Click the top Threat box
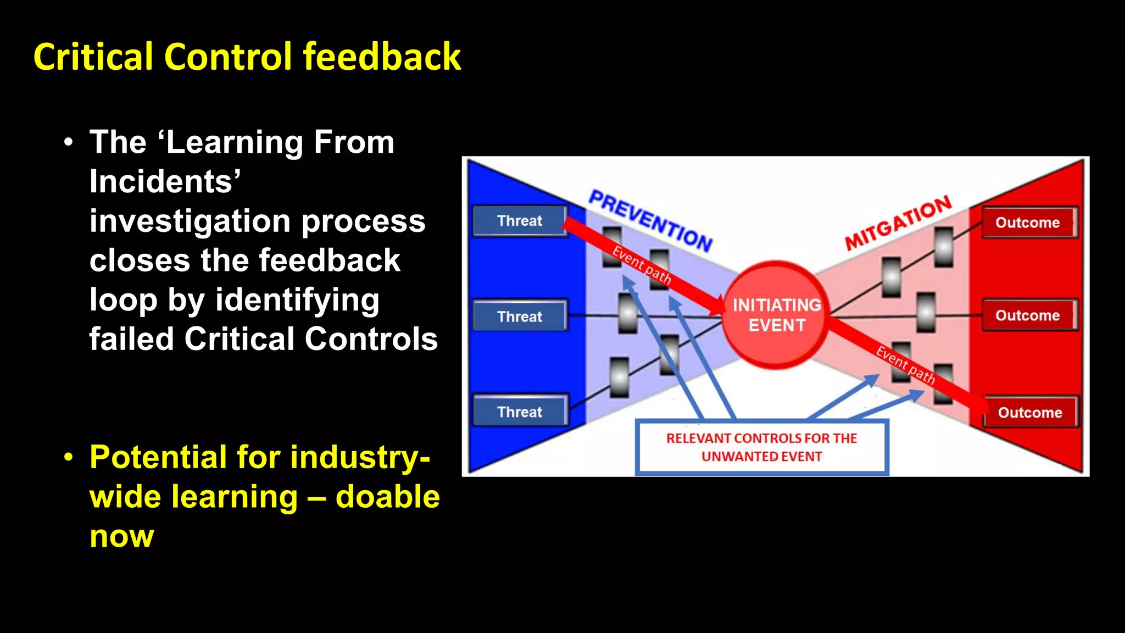(520, 221)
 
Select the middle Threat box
(520, 316)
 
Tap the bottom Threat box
(520, 412)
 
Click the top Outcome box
(1028, 223)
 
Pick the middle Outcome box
(1028, 315)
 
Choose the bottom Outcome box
(1030, 413)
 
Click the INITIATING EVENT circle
(776, 315)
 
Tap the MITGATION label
(898, 223)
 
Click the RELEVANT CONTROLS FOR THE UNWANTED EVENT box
(761, 447)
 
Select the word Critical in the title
(93, 57)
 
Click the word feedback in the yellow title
(382, 57)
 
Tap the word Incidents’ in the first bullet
(165, 181)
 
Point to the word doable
(387, 497)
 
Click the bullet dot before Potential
(68, 457)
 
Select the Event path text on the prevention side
(642, 265)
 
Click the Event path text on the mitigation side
(905, 365)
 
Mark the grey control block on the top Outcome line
(944, 247)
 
